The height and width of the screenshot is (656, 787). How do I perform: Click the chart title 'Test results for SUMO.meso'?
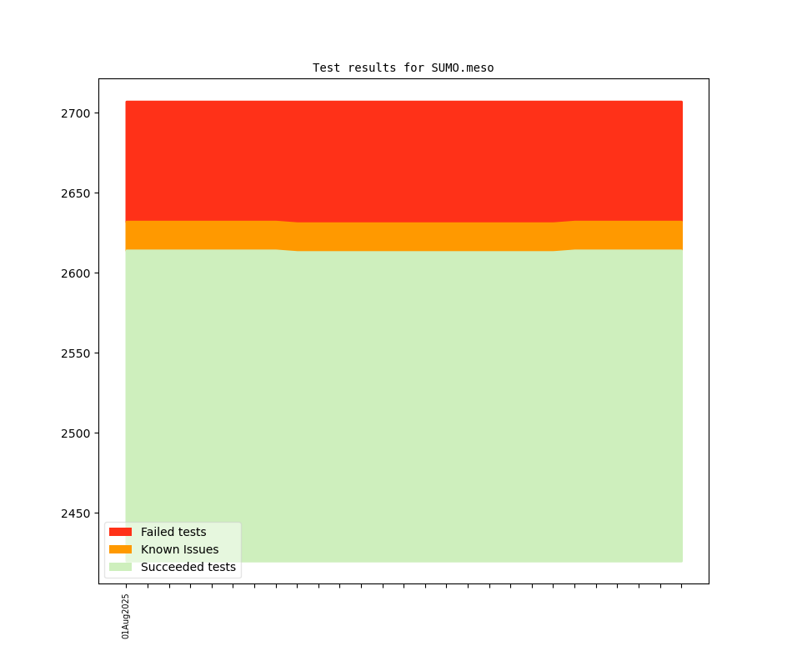pyautogui.click(x=403, y=68)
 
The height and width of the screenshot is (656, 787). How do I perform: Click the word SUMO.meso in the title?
pyautogui.click(x=463, y=68)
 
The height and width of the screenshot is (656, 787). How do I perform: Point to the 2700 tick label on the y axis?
pyautogui.click(x=78, y=113)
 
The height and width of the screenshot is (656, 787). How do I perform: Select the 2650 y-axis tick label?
pyautogui.click(x=78, y=193)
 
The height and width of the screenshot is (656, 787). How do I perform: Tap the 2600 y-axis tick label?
pyautogui.click(x=78, y=273)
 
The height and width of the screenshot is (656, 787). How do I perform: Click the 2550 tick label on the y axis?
pyautogui.click(x=78, y=353)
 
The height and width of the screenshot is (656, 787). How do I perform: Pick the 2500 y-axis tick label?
pyautogui.click(x=78, y=433)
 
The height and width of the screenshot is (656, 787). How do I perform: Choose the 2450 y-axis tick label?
pyautogui.click(x=78, y=513)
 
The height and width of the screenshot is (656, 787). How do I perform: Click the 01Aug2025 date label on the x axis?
pyautogui.click(x=126, y=616)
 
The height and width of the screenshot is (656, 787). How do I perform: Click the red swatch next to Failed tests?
pyautogui.click(x=120, y=532)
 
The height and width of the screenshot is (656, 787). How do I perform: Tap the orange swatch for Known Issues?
pyautogui.click(x=120, y=549)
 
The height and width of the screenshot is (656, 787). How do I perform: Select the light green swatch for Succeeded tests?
pyautogui.click(x=120, y=567)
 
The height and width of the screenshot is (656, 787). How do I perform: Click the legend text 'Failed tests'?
pyautogui.click(x=173, y=532)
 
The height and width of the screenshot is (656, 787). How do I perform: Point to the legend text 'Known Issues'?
pyautogui.click(x=179, y=549)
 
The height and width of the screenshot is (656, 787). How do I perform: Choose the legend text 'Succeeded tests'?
pyautogui.click(x=188, y=567)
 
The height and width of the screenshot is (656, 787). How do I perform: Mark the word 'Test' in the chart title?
pyautogui.click(x=326, y=68)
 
